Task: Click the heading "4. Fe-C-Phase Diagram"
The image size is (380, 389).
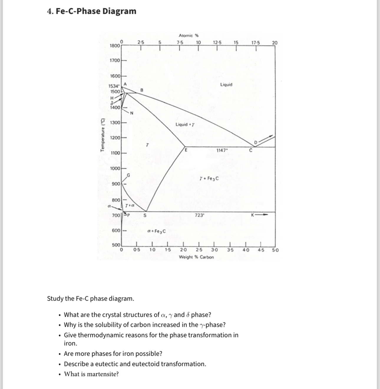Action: (x=92, y=11)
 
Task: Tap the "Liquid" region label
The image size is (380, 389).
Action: (x=226, y=85)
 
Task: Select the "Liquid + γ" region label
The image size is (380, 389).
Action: (x=185, y=124)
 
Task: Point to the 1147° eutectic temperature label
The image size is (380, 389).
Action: (x=222, y=150)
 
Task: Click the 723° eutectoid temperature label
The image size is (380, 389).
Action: (x=199, y=215)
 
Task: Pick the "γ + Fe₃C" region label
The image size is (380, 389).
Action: (x=209, y=179)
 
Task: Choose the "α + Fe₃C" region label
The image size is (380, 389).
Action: (x=156, y=231)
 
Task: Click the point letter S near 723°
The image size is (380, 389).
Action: (x=145, y=215)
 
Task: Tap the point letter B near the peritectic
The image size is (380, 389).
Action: (x=141, y=90)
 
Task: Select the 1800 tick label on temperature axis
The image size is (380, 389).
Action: (x=115, y=46)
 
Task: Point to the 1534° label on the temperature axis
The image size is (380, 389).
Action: (x=114, y=86)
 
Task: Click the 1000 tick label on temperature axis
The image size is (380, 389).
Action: (x=115, y=169)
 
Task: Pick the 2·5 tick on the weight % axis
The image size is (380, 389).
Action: (x=199, y=250)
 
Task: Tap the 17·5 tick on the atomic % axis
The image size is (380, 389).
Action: (x=256, y=43)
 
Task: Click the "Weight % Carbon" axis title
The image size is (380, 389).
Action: (x=196, y=257)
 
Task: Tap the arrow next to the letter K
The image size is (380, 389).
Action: (x=262, y=215)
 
